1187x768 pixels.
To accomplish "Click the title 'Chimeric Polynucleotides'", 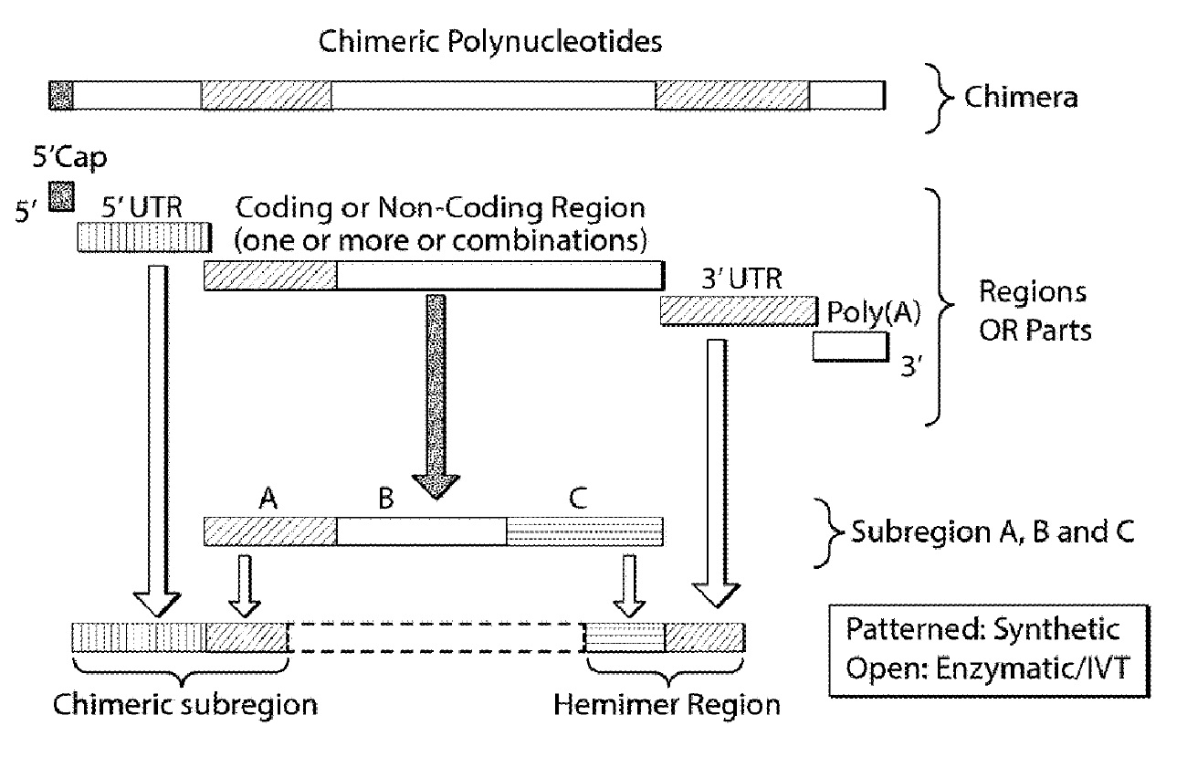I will [x=488, y=42].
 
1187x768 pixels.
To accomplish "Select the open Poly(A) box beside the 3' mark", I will [x=849, y=346].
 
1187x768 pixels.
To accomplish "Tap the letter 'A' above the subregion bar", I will [x=268, y=498].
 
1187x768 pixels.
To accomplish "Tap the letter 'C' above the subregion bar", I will [x=577, y=498].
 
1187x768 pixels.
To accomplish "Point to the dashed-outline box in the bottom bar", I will [x=436, y=637].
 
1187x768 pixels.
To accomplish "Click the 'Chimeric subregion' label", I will [x=185, y=705].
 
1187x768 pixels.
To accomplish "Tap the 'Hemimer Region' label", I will [x=667, y=705].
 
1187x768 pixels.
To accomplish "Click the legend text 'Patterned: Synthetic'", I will [x=982, y=630].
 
